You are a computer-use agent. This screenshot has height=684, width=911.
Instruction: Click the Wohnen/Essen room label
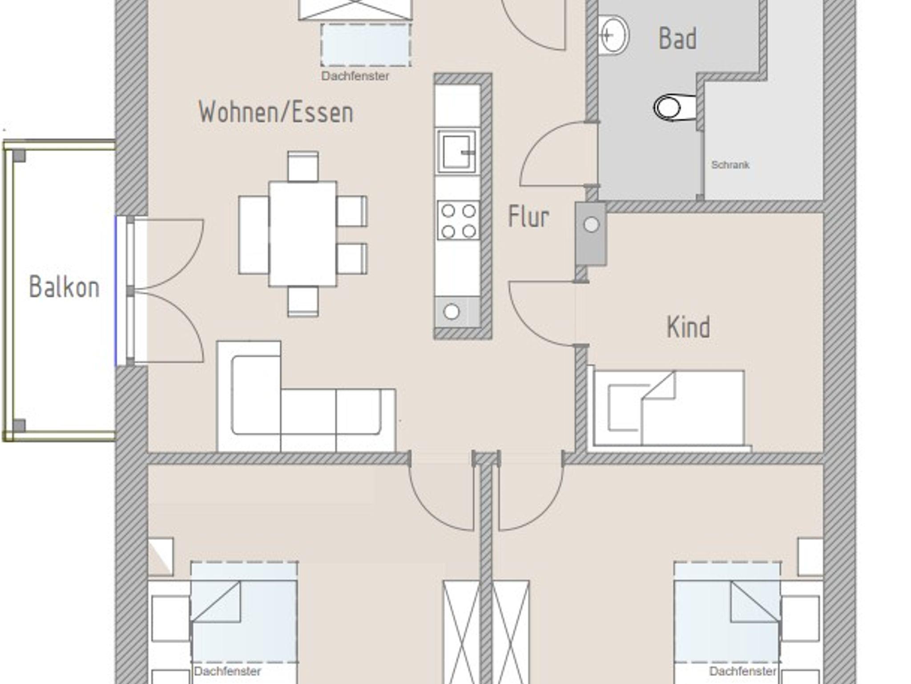[276, 112]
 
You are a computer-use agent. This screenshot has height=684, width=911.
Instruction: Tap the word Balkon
[64, 287]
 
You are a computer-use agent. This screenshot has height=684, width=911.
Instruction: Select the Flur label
[528, 217]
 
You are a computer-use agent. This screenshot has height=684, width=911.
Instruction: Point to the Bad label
[677, 38]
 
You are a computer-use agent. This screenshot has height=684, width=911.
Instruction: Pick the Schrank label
[730, 165]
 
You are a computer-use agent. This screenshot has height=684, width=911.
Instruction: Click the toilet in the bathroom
[674, 107]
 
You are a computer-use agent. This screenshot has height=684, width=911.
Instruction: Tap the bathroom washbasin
[613, 35]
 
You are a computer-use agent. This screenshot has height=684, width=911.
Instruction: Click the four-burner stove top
[458, 221]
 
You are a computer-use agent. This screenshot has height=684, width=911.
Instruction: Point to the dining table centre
[302, 233]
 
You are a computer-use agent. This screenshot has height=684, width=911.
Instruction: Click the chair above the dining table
[303, 166]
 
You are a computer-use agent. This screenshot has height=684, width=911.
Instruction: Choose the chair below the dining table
[303, 301]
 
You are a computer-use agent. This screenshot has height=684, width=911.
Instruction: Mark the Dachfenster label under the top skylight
[355, 76]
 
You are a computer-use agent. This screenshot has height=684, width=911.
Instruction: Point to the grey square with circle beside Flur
[591, 234]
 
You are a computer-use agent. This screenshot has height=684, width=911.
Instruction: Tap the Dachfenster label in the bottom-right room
[743, 671]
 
